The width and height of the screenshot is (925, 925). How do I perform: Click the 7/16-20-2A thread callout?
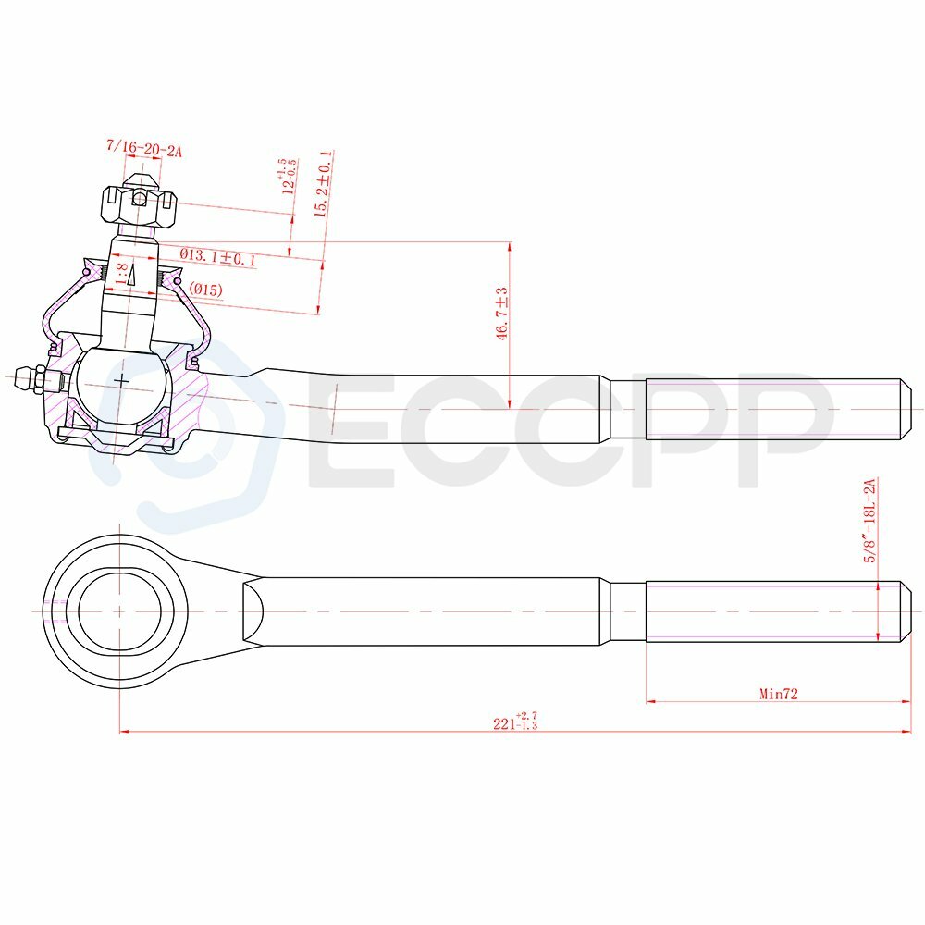(x=143, y=147)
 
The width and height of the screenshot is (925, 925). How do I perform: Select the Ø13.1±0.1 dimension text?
(x=218, y=256)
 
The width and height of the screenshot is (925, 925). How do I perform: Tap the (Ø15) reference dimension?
(x=206, y=290)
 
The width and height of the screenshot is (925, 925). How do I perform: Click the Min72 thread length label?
(x=779, y=694)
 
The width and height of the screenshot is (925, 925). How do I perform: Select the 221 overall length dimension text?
(x=514, y=723)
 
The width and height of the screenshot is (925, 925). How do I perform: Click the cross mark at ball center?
(x=121, y=380)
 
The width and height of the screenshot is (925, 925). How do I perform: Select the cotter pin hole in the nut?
(x=139, y=197)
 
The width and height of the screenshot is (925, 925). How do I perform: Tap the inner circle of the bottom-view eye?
(x=119, y=611)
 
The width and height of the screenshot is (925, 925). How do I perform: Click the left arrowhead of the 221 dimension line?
(x=124, y=731)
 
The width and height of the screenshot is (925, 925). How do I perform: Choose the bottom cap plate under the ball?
(x=116, y=434)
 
